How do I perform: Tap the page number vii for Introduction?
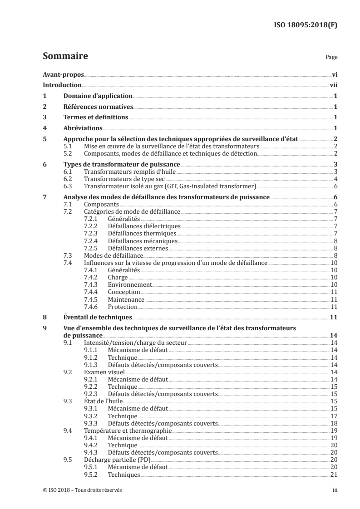click(x=333, y=85)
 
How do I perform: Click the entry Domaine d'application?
click(x=97, y=96)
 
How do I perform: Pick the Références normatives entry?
click(x=98, y=107)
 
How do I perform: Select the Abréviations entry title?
click(x=82, y=128)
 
